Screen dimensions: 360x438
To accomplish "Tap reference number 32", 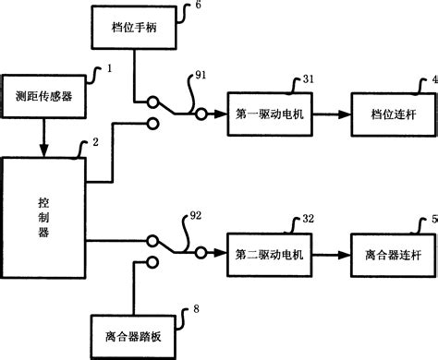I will click(308, 218).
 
